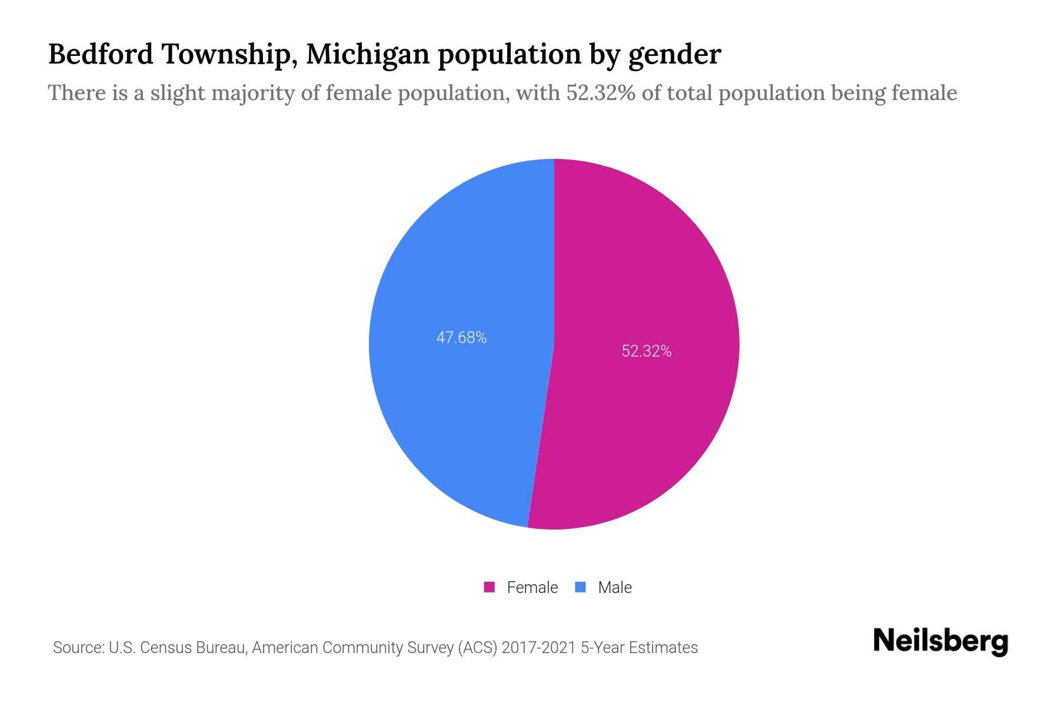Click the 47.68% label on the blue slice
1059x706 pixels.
point(461,338)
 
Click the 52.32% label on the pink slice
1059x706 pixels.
point(647,351)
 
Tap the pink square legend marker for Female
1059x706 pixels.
point(489,587)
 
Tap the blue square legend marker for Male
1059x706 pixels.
point(581,587)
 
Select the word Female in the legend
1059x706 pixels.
point(532,587)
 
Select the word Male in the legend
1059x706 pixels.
point(615,587)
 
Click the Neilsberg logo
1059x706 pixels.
point(940,641)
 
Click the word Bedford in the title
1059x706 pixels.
point(100,54)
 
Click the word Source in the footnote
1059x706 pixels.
point(78,648)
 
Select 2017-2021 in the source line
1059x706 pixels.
point(538,648)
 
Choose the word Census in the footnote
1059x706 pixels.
point(165,648)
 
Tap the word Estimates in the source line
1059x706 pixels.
point(663,648)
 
